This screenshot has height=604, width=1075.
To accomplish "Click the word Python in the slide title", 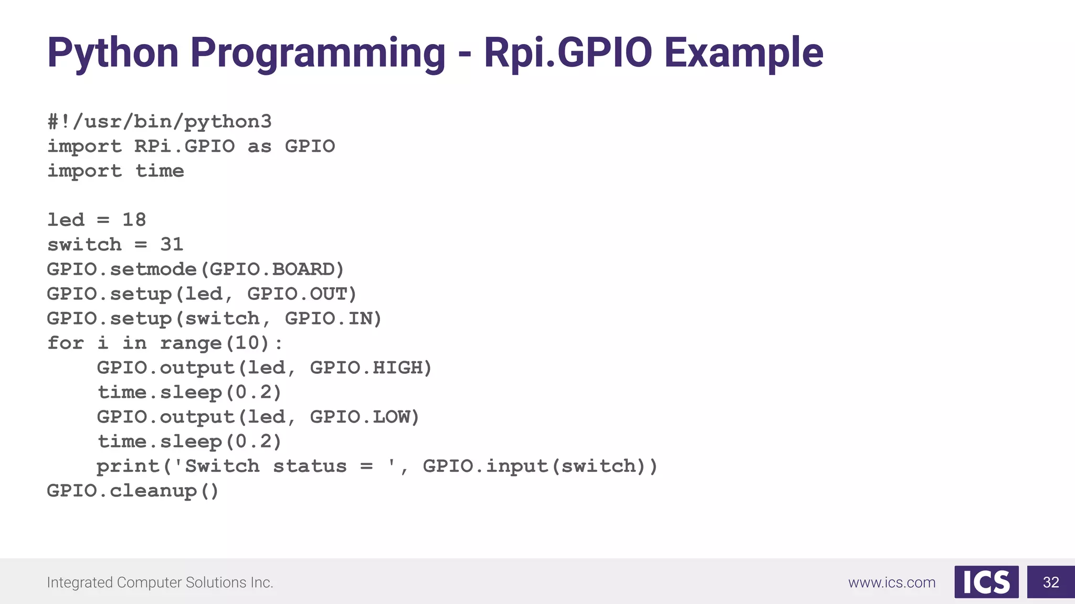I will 113,53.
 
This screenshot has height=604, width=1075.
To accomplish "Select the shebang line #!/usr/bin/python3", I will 160,122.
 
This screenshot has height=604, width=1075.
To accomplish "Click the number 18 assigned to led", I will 134,220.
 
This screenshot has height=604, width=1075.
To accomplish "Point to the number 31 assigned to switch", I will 172,244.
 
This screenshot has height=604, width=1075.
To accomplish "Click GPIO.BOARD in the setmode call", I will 276,269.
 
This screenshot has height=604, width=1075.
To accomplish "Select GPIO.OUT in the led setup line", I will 301,294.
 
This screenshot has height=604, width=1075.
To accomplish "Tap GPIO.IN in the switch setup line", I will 333,318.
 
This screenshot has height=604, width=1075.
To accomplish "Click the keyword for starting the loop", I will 66,343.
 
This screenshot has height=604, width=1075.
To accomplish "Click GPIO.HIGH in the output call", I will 370,368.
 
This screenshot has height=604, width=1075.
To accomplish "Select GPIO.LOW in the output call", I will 364,417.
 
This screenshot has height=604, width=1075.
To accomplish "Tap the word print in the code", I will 128,466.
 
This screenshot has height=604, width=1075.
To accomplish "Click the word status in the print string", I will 310,466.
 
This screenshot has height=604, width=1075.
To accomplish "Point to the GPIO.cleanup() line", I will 133,491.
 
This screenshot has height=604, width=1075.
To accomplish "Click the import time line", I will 115,171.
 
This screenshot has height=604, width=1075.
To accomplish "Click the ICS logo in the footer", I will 986,582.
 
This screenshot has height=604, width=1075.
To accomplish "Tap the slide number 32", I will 1051,582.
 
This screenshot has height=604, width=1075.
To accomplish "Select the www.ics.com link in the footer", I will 892,583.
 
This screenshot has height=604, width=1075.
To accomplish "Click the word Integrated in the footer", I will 80,583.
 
